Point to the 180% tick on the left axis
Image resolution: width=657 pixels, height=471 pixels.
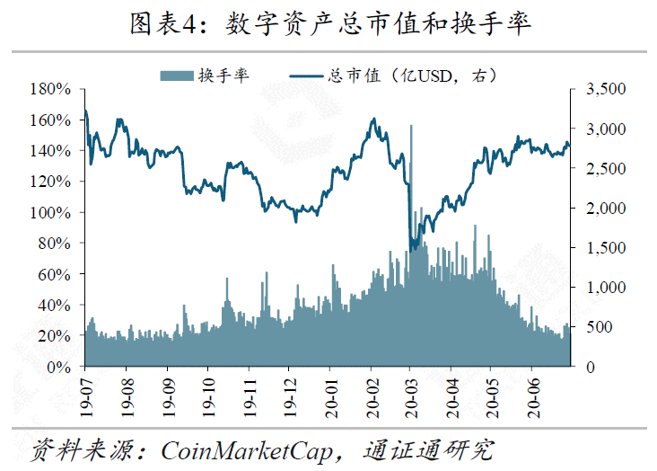[50, 89]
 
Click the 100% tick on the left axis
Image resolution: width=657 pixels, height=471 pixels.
[50, 212]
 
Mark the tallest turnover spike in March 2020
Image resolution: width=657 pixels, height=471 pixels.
[411, 127]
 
